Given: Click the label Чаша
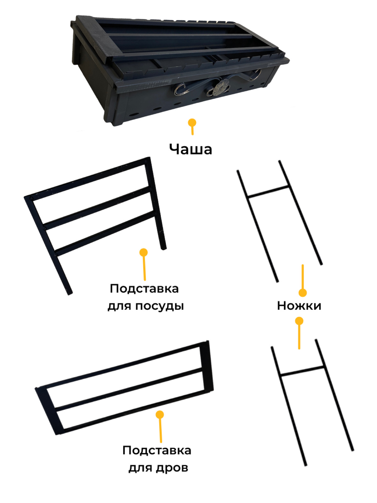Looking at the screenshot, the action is [x=190, y=149].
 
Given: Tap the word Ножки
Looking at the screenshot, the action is [x=299, y=306].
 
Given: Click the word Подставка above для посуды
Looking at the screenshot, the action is [x=144, y=289].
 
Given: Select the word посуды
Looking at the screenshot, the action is [x=159, y=306].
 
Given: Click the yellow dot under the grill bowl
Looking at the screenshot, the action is [x=192, y=123].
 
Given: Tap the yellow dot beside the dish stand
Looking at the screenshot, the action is [x=144, y=252].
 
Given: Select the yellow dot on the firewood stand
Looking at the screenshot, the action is [x=160, y=414].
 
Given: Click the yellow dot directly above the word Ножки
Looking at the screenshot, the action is [x=303, y=293].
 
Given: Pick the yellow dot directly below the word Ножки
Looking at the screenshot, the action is [x=299, y=321].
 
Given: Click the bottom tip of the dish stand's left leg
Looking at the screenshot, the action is [x=70, y=294].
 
